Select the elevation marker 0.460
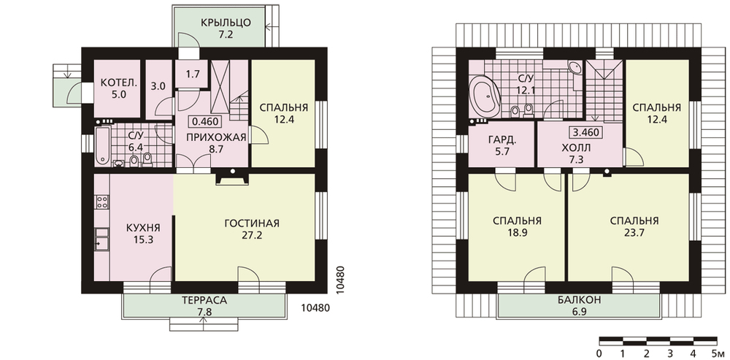coord(206,122)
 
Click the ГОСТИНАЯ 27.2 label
coord(251,229)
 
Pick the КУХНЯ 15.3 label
coord(143,234)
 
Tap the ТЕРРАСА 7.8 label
coord(204,306)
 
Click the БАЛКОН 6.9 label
coord(579,305)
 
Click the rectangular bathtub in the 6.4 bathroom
coord(102,146)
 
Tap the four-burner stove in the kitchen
coord(102,202)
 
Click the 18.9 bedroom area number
coord(516,234)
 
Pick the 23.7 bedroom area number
coord(634,234)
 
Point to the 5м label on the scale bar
coord(718,353)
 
